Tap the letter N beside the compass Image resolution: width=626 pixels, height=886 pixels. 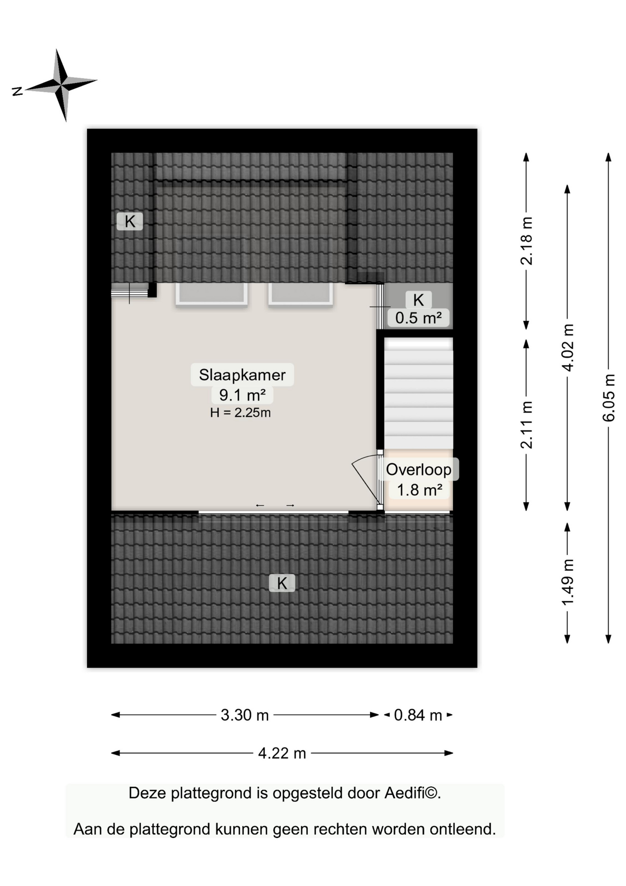[x=18, y=91]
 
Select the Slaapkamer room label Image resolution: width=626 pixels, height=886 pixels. [x=242, y=375]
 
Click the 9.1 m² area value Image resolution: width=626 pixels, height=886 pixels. [x=242, y=395]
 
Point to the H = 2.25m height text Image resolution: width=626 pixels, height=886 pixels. [x=240, y=413]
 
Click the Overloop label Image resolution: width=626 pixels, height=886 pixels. [x=419, y=469]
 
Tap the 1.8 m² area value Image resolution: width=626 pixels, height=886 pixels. [x=419, y=490]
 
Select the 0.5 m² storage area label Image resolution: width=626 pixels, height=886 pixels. [x=419, y=317]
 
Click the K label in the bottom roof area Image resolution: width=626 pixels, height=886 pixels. [x=282, y=583]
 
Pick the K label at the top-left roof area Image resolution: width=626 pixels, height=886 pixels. [x=130, y=221]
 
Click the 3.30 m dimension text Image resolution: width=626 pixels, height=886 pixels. [x=245, y=715]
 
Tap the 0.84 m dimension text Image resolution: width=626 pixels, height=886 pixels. [x=418, y=715]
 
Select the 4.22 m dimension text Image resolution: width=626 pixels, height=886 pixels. [x=282, y=753]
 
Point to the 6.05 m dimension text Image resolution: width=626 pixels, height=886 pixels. [x=608, y=397]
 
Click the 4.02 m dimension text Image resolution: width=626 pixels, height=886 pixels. [x=567, y=347]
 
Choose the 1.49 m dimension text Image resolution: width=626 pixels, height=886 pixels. [x=567, y=582]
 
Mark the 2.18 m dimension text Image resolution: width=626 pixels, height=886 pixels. [x=526, y=241]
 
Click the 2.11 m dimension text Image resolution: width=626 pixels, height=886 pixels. [x=526, y=425]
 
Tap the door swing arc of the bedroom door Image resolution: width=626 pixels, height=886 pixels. [x=364, y=458]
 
